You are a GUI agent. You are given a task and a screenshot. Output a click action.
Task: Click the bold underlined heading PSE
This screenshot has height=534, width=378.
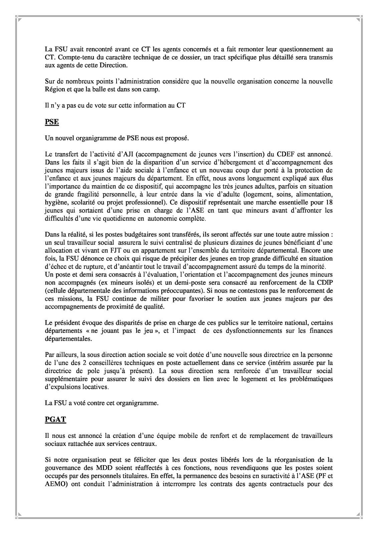(x=52, y=122)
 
